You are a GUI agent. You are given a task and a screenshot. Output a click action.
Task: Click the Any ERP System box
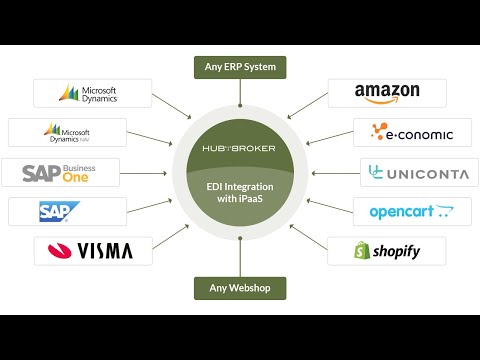coord(240,68)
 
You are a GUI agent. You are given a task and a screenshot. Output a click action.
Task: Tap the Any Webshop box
coord(240,289)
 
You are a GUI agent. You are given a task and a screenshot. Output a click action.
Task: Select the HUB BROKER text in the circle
coord(239,148)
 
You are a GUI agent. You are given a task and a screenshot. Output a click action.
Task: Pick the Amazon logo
coord(387,93)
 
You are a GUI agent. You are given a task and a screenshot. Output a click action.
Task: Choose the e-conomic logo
coord(412,132)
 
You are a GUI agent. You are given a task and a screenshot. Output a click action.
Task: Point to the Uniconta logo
coord(418,172)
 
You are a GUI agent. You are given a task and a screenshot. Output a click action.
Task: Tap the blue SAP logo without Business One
coord(53,211)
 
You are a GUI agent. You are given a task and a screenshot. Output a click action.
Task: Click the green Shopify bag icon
coord(363,251)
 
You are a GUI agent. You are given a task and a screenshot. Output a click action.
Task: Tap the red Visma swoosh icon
coord(56,250)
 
